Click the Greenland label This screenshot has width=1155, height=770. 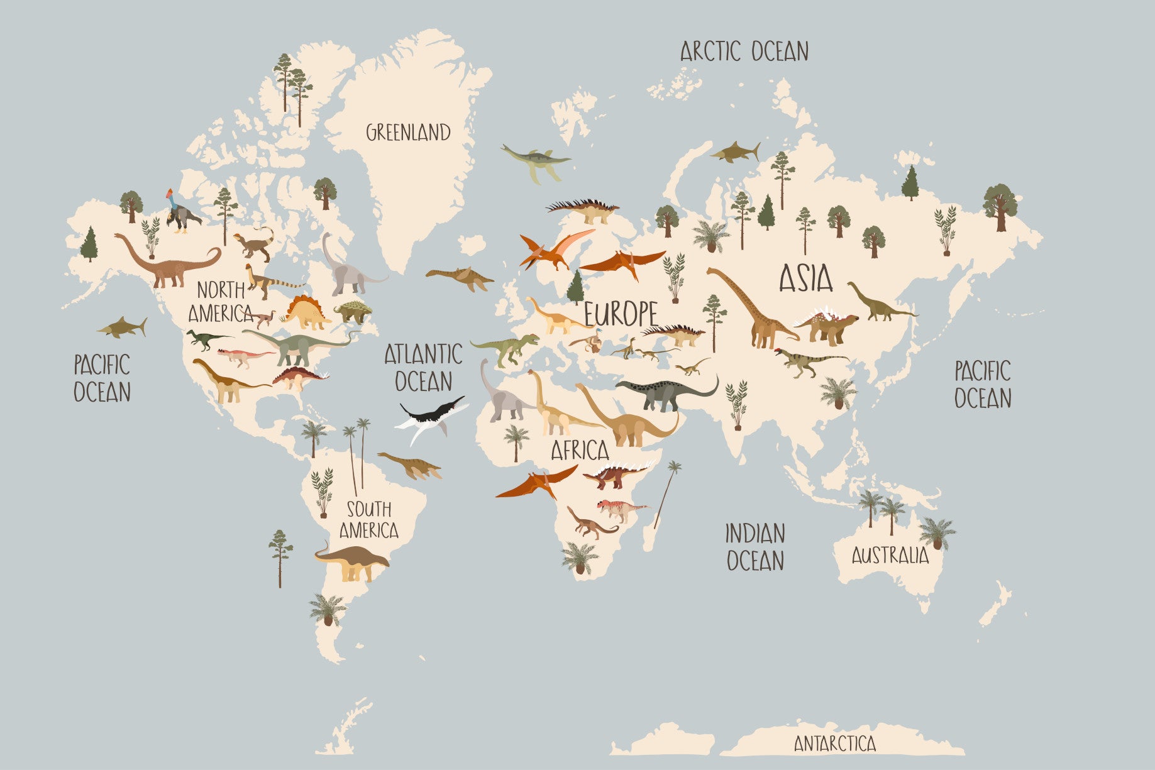[408, 133]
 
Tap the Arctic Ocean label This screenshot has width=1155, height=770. [744, 52]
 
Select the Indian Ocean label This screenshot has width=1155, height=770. [755, 547]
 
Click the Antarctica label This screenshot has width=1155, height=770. [834, 744]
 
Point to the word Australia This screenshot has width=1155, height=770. [890, 556]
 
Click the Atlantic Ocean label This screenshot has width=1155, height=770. [423, 368]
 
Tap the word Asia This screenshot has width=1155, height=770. [806, 278]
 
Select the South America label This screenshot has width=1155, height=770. [369, 519]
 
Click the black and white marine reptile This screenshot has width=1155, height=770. [431, 417]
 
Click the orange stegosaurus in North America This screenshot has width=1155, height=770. [307, 312]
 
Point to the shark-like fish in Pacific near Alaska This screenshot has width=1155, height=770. [123, 327]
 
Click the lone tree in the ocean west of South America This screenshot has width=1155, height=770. [280, 556]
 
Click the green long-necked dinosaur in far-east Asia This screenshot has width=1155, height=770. [879, 304]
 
